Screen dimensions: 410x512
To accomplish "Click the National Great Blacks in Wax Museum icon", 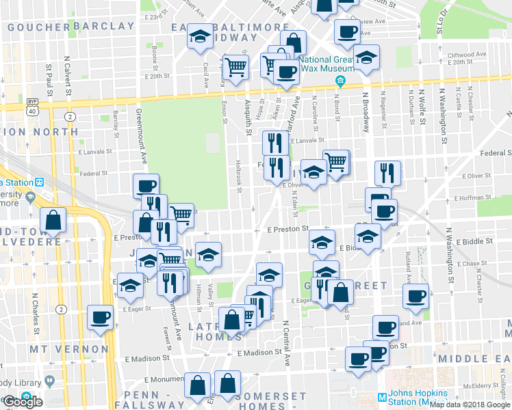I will coord(340,84).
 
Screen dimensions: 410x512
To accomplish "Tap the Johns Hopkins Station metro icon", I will coord(381,397).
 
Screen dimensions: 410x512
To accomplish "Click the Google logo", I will coord(23,402).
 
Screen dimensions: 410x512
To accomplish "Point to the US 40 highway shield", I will coord(32,102).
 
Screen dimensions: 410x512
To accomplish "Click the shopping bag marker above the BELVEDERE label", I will coord(53,221).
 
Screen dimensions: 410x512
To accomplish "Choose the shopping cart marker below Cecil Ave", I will coord(235,68).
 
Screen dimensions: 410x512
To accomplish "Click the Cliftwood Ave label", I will coord(467,54).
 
